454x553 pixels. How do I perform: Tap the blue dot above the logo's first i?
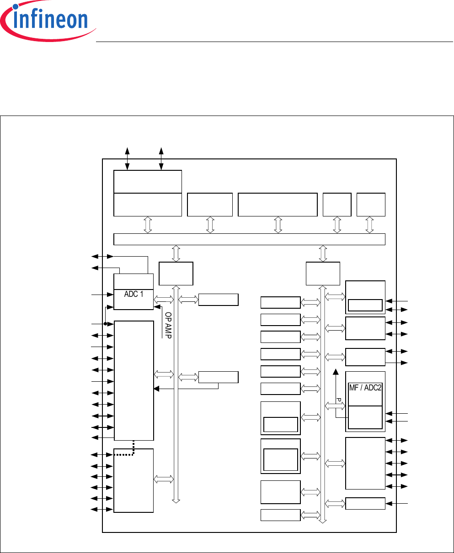(x=16, y=6)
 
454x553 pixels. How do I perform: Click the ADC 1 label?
(x=134, y=294)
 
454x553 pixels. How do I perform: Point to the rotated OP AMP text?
(x=168, y=325)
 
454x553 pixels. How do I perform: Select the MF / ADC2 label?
(x=365, y=388)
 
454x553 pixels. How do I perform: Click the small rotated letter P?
(x=339, y=400)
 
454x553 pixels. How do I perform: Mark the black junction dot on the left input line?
(x=105, y=324)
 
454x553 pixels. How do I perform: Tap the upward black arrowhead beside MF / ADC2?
(x=336, y=372)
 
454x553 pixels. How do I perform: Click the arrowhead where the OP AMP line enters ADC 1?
(x=157, y=306)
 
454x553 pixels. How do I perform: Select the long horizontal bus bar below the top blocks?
(x=249, y=239)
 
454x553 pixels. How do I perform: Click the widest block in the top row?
(x=278, y=205)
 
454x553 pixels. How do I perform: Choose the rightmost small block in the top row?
(x=371, y=205)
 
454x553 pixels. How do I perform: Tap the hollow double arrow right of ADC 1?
(x=164, y=299)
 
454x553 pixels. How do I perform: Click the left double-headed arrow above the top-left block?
(x=128, y=158)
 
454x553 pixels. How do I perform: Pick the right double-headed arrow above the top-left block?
(x=161, y=158)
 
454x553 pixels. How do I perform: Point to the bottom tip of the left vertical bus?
(x=176, y=503)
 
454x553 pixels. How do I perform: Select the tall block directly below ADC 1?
(x=134, y=380)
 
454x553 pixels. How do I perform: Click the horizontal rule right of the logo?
(x=274, y=42)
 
